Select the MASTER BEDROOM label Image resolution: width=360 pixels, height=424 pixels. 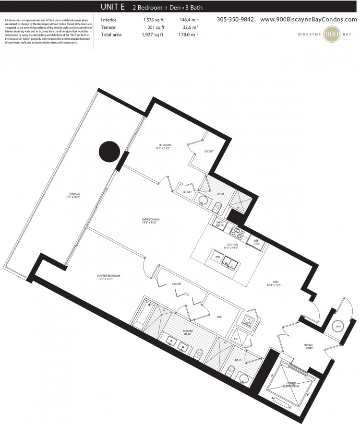(x=108, y=276)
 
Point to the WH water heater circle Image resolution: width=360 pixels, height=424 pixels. (x=338, y=327)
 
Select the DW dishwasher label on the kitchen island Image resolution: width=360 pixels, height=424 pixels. (x=216, y=257)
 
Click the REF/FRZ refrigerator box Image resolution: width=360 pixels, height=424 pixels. (x=255, y=242)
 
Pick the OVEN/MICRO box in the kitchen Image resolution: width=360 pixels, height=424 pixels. (x=220, y=224)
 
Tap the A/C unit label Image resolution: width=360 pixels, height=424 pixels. (x=236, y=338)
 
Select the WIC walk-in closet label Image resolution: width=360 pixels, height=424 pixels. (x=218, y=317)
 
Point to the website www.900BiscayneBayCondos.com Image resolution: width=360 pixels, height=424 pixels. (x=308, y=20)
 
